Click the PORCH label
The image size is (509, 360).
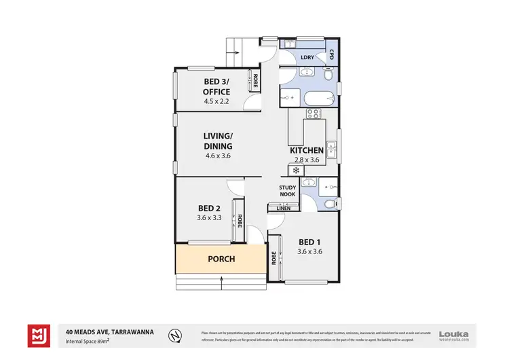(x=221, y=259)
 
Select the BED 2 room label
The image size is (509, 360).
(x=209, y=208)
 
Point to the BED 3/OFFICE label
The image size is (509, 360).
(x=217, y=87)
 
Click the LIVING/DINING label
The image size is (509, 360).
(x=218, y=141)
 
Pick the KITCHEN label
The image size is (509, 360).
(x=307, y=150)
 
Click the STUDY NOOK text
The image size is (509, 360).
(x=288, y=190)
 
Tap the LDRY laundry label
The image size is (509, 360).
(x=307, y=57)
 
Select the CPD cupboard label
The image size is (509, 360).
(x=332, y=54)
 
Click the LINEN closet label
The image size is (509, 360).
(x=284, y=208)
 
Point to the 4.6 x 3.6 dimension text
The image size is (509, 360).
(x=218, y=156)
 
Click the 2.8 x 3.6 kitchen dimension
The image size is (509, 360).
(x=307, y=160)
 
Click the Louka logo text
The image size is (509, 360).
(x=454, y=333)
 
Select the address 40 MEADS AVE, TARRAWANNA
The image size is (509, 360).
(x=109, y=331)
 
